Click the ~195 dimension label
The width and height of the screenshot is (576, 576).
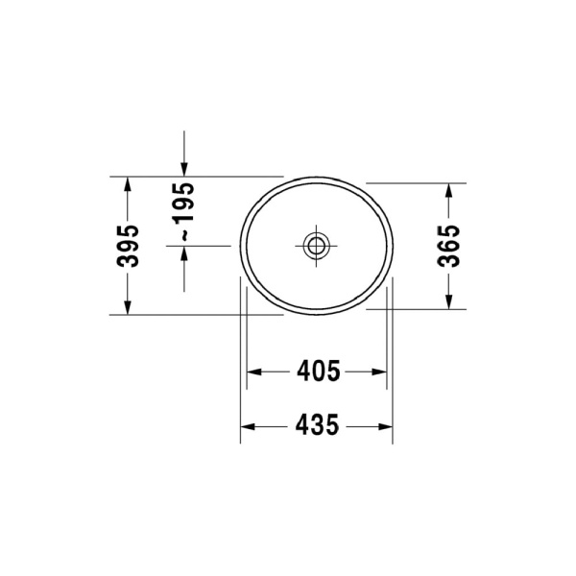[184, 211]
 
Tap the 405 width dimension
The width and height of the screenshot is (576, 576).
[319, 371]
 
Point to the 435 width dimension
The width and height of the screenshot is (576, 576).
[319, 425]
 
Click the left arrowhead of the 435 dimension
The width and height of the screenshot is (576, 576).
[247, 425]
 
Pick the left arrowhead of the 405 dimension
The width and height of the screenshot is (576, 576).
[254, 371]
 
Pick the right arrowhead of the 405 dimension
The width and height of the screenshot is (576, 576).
[381, 371]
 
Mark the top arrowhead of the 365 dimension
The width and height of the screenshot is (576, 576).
[448, 189]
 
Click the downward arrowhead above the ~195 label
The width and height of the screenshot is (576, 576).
[184, 170]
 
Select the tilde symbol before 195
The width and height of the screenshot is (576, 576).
[184, 234]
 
